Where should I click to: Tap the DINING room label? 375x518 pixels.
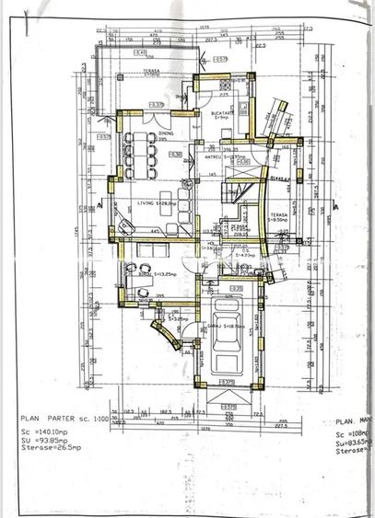point(166,133)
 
